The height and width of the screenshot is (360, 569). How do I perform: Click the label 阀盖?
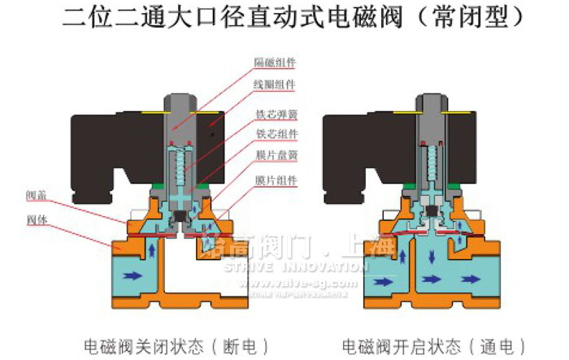coord(37,195)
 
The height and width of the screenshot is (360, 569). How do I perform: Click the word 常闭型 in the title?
coord(480,17)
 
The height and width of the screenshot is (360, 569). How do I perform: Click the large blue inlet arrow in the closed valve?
coord(132,275)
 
